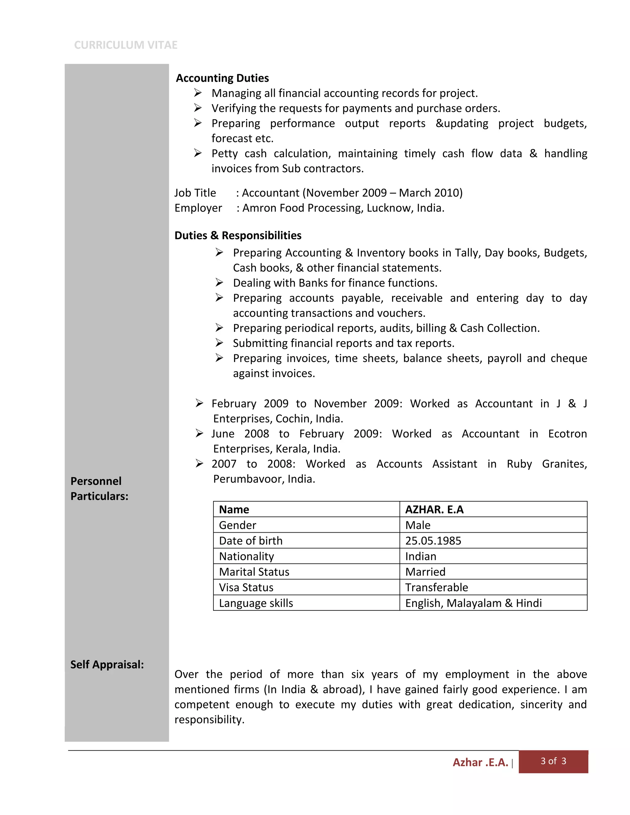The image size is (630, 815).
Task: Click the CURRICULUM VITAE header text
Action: [126, 45]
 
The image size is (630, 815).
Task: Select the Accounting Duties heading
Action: [222, 78]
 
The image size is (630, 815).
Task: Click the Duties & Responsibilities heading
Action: [238, 236]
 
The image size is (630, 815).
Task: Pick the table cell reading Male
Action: [418, 525]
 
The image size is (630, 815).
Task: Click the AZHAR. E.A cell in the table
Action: [434, 509]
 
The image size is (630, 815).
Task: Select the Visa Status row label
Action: [246, 587]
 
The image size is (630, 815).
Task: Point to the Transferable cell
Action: [436, 587]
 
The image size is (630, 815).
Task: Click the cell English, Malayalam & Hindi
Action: [473, 603]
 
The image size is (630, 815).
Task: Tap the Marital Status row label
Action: [254, 572]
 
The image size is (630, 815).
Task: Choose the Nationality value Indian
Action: [421, 556]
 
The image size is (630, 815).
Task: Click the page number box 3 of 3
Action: [553, 761]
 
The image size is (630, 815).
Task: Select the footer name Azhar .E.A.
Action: [480, 762]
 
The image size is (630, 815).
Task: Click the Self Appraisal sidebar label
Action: [107, 665]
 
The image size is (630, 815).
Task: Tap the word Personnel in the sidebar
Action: [96, 481]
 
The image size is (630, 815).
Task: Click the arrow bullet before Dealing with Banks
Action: [219, 283]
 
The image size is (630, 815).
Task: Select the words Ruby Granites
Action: [546, 464]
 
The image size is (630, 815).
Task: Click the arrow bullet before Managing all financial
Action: [198, 93]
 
